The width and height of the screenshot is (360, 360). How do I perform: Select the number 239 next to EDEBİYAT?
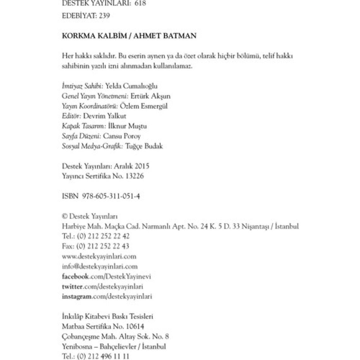pos(104,15)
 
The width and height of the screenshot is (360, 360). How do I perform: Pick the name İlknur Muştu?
pos(127,126)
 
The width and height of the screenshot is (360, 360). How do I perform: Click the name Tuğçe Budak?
pos(144,146)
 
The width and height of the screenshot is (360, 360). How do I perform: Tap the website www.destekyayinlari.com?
pos(99,256)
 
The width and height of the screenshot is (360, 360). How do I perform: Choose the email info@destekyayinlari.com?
pos(100,266)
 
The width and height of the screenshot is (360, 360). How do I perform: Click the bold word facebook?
pos(75,276)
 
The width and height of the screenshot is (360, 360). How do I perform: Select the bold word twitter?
pos(72,286)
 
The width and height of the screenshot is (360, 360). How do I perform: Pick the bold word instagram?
pos(77,297)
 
